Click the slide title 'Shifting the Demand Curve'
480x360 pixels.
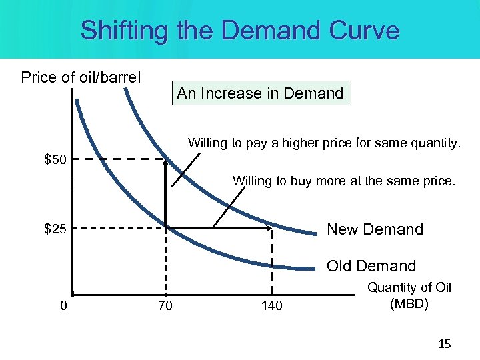(240, 30)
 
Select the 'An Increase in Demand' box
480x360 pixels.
(260, 93)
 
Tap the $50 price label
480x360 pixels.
(55, 159)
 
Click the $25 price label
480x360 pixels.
(55, 229)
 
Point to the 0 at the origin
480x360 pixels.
(63, 305)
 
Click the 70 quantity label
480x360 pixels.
(165, 305)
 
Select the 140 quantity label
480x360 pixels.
(271, 305)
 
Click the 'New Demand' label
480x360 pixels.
(375, 229)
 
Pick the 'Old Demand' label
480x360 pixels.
(371, 266)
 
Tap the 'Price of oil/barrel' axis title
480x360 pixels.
(81, 77)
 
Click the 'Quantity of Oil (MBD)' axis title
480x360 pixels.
(409, 295)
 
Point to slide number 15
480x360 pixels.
(445, 344)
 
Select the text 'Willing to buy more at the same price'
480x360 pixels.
(344, 180)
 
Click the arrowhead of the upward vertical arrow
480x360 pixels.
(165, 161)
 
